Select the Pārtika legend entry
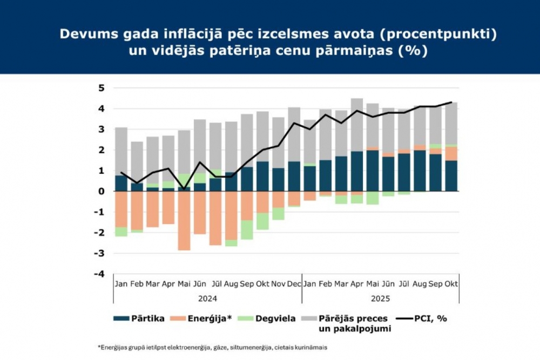[x=139, y=318]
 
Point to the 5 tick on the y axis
[x=102, y=88]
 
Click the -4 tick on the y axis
[x=100, y=274]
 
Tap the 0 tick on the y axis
[x=102, y=192]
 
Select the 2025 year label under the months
[x=380, y=298]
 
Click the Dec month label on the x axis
[x=294, y=283]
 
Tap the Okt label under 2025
[x=451, y=283]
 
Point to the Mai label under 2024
[x=184, y=283]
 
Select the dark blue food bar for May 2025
[x=373, y=171]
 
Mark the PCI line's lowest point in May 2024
[x=184, y=189]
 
